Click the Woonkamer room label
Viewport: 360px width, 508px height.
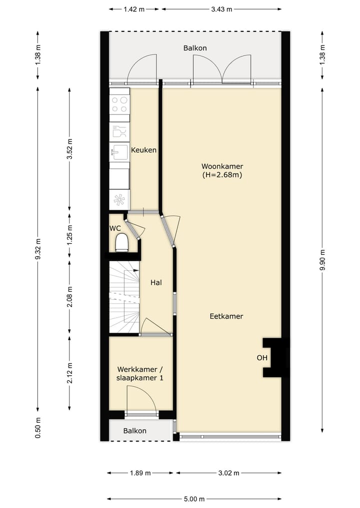tap(222, 166)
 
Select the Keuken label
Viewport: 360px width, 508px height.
tap(144, 150)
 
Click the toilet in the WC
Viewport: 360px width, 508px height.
tap(121, 243)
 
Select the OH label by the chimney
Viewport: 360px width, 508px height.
tap(262, 358)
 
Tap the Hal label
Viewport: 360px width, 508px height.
tap(156, 283)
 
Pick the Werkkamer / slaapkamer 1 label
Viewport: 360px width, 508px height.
tap(140, 374)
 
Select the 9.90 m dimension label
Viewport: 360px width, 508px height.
tap(322, 260)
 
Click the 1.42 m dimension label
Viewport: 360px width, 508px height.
tap(134, 9)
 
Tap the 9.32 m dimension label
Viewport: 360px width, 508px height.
tap(38, 260)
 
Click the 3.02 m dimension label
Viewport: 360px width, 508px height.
tap(228, 473)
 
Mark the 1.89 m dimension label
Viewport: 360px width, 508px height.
tap(140, 473)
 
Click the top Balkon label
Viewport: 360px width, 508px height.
tap(195, 48)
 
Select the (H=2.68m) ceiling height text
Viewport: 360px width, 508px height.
tap(222, 175)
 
